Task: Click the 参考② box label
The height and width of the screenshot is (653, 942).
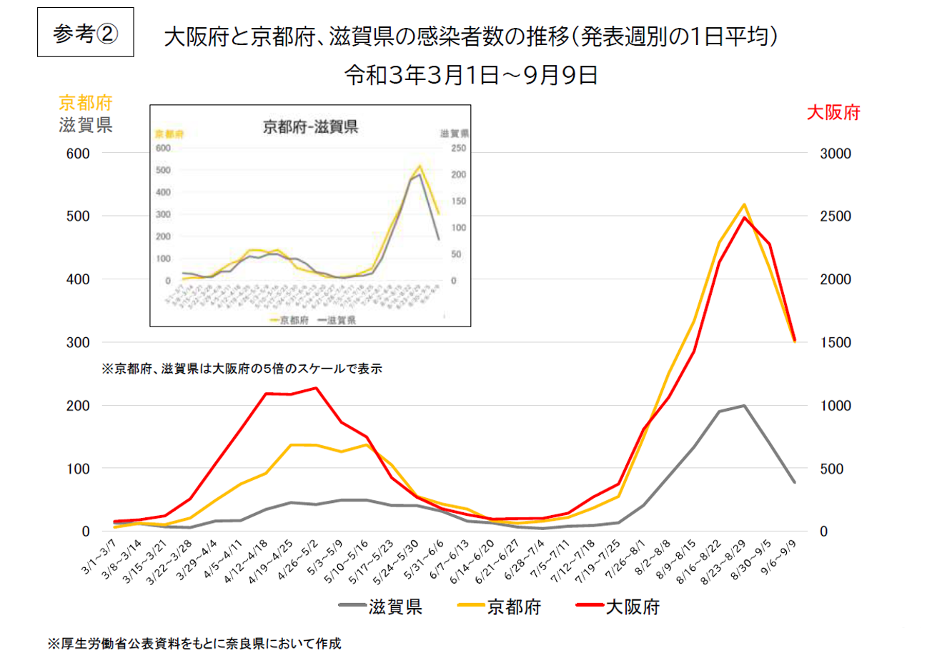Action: tap(85, 33)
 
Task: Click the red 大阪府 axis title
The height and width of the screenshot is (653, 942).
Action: tap(833, 113)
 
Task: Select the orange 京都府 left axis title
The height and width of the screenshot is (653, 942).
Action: tap(86, 103)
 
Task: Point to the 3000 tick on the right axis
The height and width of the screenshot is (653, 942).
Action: tap(835, 154)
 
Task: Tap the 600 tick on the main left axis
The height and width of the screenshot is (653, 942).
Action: tap(78, 154)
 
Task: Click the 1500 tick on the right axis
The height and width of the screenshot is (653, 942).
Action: tap(835, 343)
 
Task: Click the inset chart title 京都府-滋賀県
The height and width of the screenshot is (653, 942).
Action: tap(310, 128)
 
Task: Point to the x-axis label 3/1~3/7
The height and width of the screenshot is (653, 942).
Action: tap(99, 557)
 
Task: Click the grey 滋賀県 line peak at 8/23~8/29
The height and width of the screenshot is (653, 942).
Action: tap(744, 406)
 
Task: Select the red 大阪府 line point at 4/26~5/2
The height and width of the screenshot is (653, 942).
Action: tap(315, 388)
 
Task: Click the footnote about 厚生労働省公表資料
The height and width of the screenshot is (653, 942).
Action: tap(194, 644)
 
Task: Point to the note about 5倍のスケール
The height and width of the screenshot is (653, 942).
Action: tap(242, 369)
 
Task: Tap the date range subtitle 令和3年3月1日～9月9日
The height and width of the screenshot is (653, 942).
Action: tap(470, 75)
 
